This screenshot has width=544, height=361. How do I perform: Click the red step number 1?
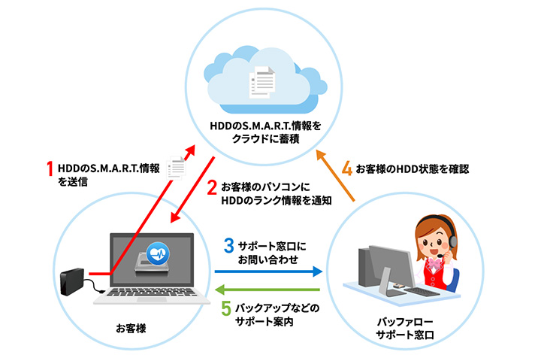click(x=51, y=167)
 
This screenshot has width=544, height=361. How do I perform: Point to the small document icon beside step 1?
click(x=176, y=168)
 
